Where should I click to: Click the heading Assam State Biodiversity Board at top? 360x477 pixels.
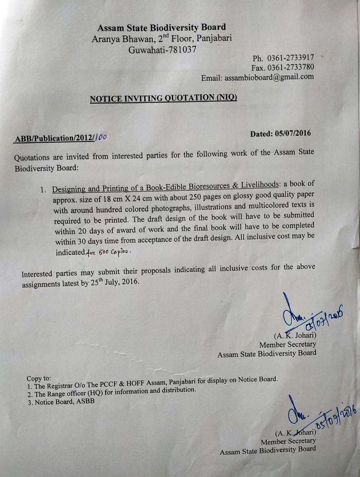point(161,28)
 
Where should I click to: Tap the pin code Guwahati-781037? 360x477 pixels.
point(162,50)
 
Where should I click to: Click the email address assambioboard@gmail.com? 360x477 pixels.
point(269,77)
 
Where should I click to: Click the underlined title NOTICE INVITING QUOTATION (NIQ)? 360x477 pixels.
point(163,98)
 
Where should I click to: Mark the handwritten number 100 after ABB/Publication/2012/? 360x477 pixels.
point(101,137)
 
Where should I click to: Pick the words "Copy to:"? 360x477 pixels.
point(39,378)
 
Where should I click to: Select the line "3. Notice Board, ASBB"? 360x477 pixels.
point(61,402)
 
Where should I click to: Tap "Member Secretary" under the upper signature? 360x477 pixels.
point(287,344)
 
